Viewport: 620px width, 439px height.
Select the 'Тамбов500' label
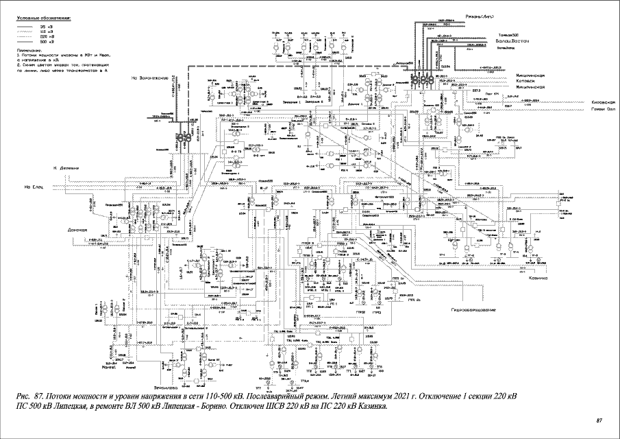[506, 36]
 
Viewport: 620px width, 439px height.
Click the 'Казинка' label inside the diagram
[539, 278]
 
